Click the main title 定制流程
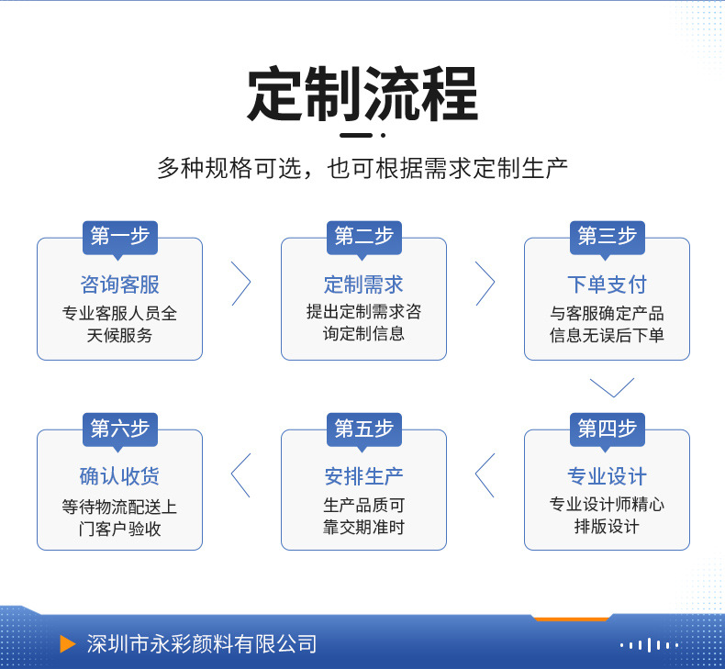tap(362, 94)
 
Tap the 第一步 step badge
tap(120, 238)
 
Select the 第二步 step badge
tap(364, 238)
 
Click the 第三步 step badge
tap(608, 238)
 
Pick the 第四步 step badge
tap(608, 429)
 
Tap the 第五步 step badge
tap(364, 429)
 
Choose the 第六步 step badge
tap(120, 429)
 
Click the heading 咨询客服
tap(119, 284)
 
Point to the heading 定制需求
tap(363, 284)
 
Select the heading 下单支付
tap(608, 284)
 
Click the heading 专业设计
tap(608, 476)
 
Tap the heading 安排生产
tap(363, 476)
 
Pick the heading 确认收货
tap(119, 476)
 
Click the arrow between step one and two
tap(251, 284)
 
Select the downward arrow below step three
tap(612, 396)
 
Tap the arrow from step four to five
tap(475, 475)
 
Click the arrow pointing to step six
tap(231, 475)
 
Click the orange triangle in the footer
tap(68, 644)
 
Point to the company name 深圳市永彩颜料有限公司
tap(202, 644)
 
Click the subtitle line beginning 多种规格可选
tap(362, 168)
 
